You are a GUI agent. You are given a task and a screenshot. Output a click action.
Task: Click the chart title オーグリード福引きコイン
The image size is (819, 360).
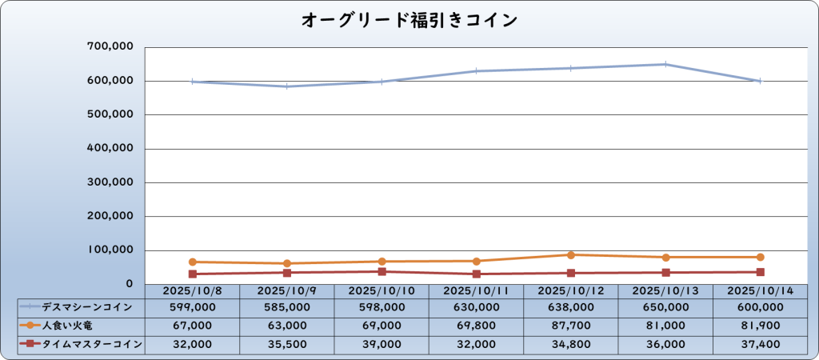tap(409, 19)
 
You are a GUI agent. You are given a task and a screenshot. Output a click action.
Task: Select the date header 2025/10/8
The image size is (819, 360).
tap(192, 291)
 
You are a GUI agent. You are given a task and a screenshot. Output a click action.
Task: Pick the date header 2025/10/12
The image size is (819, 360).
tap(571, 291)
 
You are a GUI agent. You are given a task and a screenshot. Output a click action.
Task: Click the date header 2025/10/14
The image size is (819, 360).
tap(760, 291)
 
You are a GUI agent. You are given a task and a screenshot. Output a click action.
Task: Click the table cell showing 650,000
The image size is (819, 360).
tap(665, 307)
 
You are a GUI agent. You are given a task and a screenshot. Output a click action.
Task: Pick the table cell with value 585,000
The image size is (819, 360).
tap(287, 307)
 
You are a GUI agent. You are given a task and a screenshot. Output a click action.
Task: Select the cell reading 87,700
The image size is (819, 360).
tap(571, 326)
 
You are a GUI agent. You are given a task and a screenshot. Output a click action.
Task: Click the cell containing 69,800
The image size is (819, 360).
tap(477, 326)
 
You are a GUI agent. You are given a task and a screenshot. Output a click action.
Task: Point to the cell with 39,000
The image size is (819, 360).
tap(382, 344)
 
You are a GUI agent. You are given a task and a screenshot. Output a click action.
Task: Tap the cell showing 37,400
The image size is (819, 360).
tap(760, 344)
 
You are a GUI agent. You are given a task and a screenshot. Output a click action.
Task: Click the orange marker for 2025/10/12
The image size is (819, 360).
tap(571, 255)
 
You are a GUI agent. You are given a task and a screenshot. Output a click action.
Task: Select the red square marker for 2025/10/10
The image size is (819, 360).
tap(382, 271)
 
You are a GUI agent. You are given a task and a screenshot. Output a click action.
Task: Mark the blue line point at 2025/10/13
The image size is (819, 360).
tap(665, 64)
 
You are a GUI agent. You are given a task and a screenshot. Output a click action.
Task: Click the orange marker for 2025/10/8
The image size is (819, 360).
tap(193, 262)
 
